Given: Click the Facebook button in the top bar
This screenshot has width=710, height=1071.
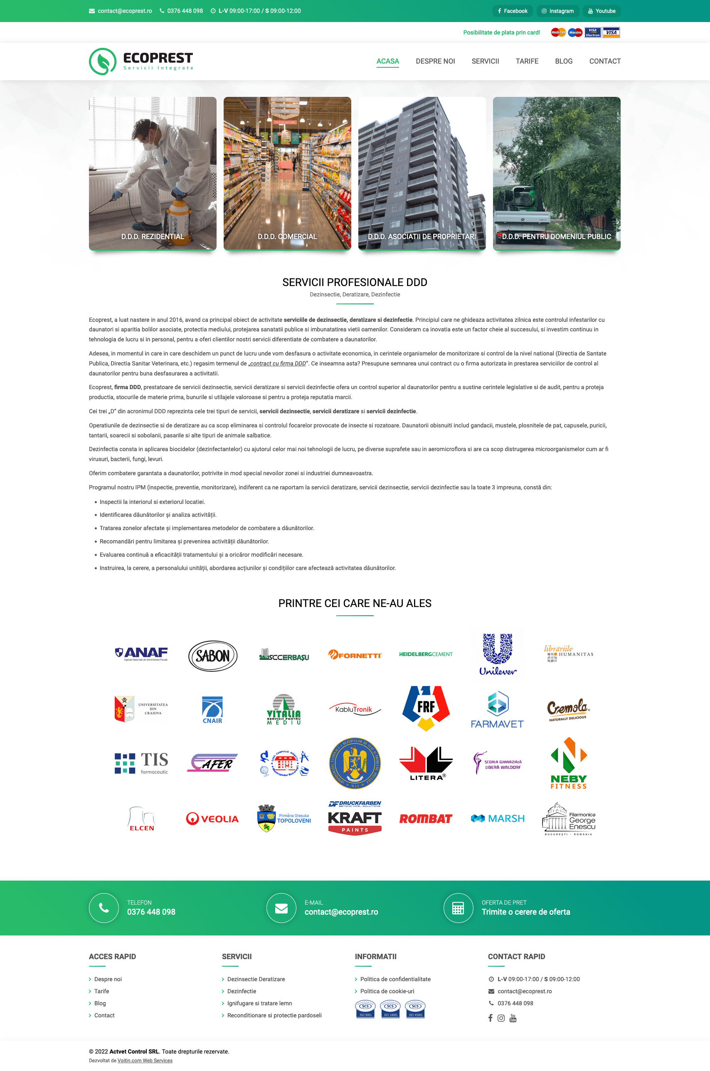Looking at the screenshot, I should click(513, 11).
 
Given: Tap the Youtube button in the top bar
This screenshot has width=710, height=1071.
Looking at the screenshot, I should click(602, 11).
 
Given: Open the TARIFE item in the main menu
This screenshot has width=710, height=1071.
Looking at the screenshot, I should click(527, 61).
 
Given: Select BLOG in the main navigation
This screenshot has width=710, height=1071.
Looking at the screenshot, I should click(563, 61).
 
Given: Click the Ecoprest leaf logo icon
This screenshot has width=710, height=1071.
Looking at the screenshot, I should click(103, 62).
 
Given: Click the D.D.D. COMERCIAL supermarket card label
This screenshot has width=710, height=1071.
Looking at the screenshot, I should click(287, 237).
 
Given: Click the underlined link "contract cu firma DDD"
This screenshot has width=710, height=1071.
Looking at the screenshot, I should click(278, 363).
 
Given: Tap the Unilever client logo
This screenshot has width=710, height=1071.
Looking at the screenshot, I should click(497, 654).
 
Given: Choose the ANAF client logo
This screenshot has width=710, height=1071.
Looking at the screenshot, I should click(141, 654).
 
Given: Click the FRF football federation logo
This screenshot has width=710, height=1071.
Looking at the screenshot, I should click(426, 708).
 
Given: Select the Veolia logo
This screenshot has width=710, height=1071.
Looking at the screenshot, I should click(212, 818).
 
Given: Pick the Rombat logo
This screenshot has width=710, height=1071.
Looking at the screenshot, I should click(426, 818).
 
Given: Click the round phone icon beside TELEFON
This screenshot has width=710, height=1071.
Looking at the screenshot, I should click(104, 908).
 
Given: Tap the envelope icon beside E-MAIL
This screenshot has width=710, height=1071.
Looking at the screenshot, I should click(281, 908).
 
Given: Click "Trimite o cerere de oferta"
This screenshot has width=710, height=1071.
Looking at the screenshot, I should click(526, 912).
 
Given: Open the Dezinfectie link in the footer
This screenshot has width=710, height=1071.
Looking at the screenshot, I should click(242, 991).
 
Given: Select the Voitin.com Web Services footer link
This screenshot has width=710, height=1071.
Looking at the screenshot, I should click(145, 1060).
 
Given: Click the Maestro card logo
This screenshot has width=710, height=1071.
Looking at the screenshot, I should click(575, 32).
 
